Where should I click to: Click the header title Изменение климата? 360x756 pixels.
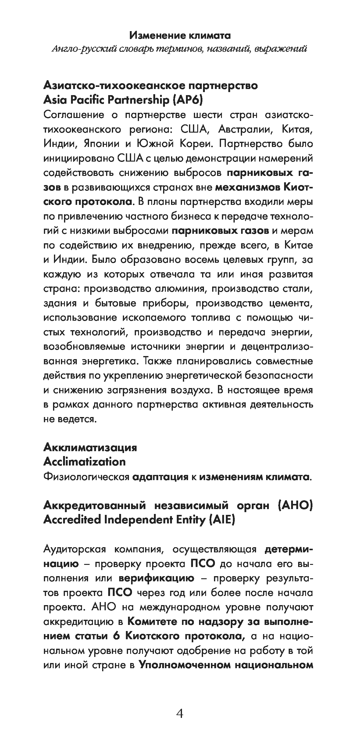coord(180,36)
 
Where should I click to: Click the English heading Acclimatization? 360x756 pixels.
coord(84,462)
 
